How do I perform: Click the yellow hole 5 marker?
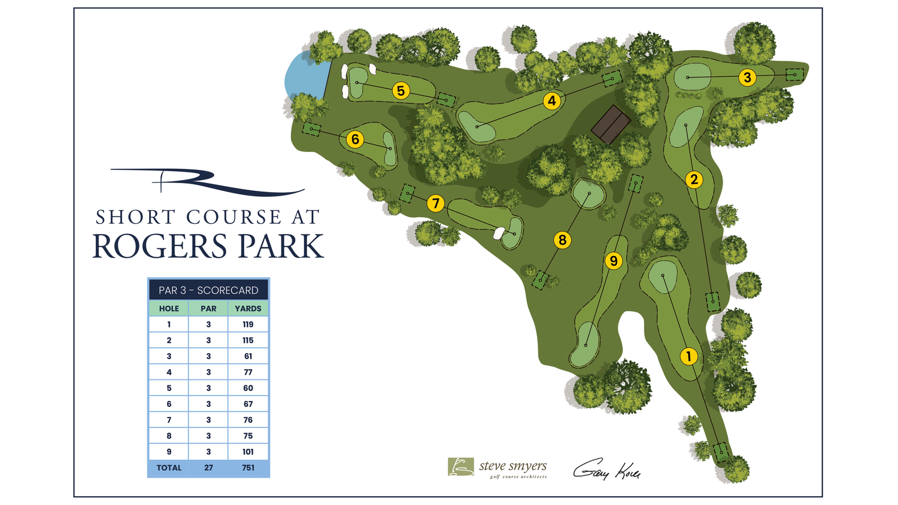point(401,91)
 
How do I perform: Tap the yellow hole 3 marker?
point(747,77)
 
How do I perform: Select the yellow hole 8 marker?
point(562,240)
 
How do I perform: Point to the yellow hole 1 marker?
point(688,356)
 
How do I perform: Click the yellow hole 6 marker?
point(355,139)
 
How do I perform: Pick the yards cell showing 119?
point(248,324)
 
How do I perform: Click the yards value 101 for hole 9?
point(248,452)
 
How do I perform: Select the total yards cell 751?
point(248,468)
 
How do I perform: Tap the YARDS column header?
point(248,309)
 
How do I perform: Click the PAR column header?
point(208,309)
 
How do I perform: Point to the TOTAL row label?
point(169,468)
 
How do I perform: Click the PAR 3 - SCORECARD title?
point(208,290)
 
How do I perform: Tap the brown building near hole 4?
point(611,124)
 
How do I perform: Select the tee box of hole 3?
point(794,75)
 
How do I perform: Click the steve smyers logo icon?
point(460,467)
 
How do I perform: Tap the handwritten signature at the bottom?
point(606,470)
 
